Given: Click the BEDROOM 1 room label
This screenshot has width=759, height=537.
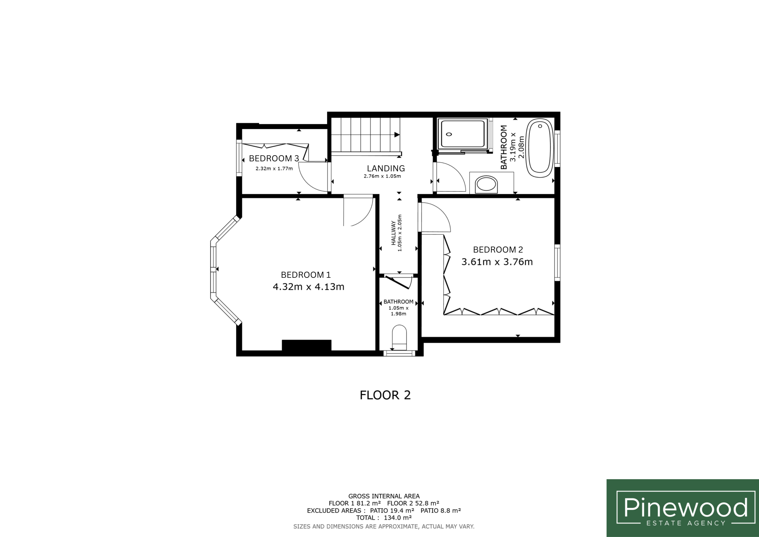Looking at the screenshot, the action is (x=305, y=275).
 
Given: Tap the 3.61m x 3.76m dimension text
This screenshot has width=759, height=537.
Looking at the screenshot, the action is (x=497, y=262).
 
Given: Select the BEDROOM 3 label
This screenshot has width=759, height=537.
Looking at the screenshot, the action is (x=274, y=158).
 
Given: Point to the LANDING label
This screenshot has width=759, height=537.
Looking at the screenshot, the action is (x=386, y=169).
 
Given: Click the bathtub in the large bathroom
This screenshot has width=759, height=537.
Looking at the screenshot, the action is (x=540, y=148).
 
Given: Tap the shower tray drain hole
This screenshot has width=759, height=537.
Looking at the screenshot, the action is (x=449, y=134).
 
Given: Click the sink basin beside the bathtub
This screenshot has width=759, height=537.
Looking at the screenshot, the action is (x=486, y=184).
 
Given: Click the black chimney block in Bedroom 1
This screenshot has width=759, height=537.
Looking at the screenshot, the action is (x=307, y=345).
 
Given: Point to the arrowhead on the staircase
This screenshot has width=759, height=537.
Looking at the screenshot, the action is (x=397, y=135).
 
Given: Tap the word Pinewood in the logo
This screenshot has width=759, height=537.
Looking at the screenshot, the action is (x=685, y=508).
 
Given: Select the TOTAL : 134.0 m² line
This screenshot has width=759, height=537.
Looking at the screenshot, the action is (x=384, y=518).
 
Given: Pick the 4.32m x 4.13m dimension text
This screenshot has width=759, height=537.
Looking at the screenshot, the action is (x=308, y=287).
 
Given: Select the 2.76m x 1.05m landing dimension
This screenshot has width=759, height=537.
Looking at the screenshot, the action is (x=382, y=176).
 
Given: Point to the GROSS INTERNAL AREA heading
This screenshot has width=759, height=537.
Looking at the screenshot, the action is (x=384, y=496).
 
